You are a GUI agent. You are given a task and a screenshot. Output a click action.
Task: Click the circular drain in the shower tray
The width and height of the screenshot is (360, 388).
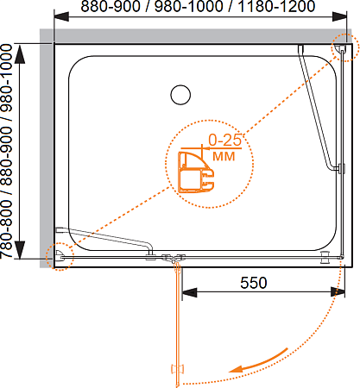(x=180, y=95)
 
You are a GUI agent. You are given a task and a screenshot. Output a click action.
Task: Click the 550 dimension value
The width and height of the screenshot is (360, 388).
(x=254, y=283)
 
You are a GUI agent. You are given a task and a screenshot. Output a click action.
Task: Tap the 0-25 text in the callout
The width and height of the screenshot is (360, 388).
(x=224, y=140)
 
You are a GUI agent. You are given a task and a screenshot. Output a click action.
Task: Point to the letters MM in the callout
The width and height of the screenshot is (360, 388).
(x=224, y=156)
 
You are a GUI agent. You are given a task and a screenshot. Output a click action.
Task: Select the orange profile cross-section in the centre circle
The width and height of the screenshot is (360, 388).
(x=196, y=172)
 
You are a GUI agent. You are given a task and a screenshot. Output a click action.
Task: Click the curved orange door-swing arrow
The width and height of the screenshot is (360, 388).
(x=258, y=361)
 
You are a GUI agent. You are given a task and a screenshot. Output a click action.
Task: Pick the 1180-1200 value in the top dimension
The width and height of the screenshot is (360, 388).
(x=276, y=6)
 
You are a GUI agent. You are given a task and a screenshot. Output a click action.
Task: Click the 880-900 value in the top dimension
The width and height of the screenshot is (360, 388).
(x=111, y=6)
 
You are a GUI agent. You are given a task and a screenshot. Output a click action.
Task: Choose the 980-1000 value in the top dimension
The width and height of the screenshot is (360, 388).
(x=189, y=6)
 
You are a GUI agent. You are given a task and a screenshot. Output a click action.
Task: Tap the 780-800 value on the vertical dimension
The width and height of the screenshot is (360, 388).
(x=6, y=229)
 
